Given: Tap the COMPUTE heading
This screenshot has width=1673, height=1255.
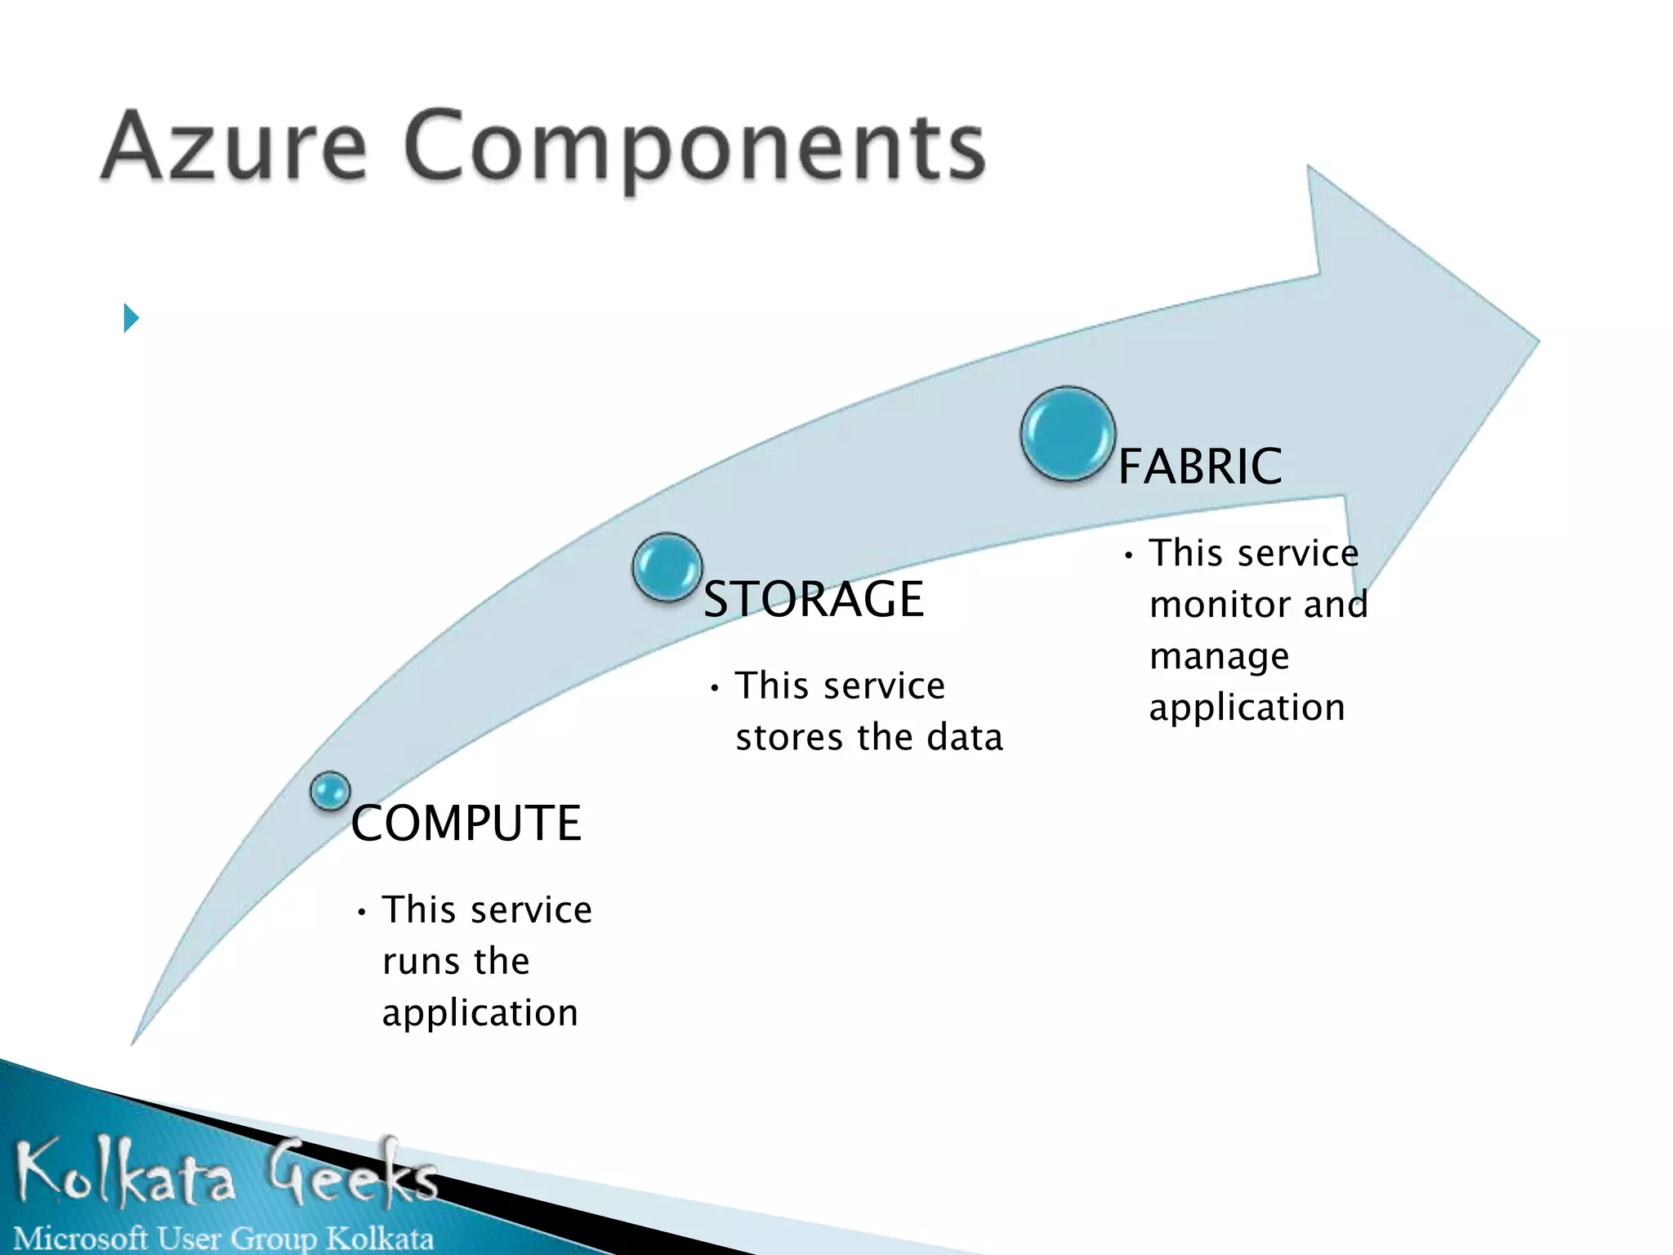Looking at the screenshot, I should [466, 823].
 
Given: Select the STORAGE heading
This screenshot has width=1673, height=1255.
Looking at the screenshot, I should [814, 599].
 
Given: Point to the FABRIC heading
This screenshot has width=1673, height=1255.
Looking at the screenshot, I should [1199, 467].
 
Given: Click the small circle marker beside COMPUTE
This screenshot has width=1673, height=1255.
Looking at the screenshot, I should [330, 791].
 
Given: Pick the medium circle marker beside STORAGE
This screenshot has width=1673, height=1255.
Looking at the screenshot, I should [667, 567].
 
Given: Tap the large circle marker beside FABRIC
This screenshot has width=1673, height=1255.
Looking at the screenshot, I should [1068, 434].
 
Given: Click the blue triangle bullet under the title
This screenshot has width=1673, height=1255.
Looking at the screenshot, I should [131, 318].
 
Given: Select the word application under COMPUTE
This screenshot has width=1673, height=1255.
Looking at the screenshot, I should [480, 1014].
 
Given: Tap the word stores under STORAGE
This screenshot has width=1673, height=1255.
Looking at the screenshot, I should [789, 738].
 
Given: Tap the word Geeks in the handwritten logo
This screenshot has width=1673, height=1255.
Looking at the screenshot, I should [351, 1173].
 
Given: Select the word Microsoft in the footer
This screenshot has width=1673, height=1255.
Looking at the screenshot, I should [80, 1238].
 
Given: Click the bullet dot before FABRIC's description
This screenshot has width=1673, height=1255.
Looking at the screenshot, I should [1128, 556].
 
